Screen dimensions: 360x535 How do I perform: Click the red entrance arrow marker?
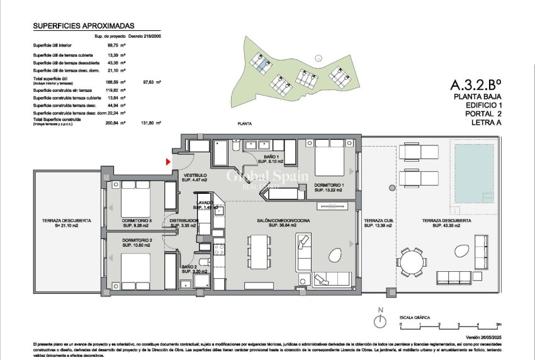[168, 162]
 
